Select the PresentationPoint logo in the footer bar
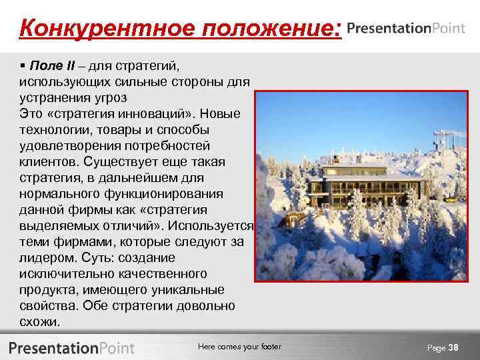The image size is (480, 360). pyautogui.click(x=71, y=347)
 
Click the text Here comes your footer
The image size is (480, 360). pyautogui.click(x=239, y=347)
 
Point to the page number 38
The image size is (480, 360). pyautogui.click(x=453, y=347)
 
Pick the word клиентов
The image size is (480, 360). pyautogui.click(x=48, y=162)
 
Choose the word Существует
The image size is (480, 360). pyautogui.click(x=120, y=162)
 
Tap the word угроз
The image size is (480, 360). pyautogui.click(x=106, y=98)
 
